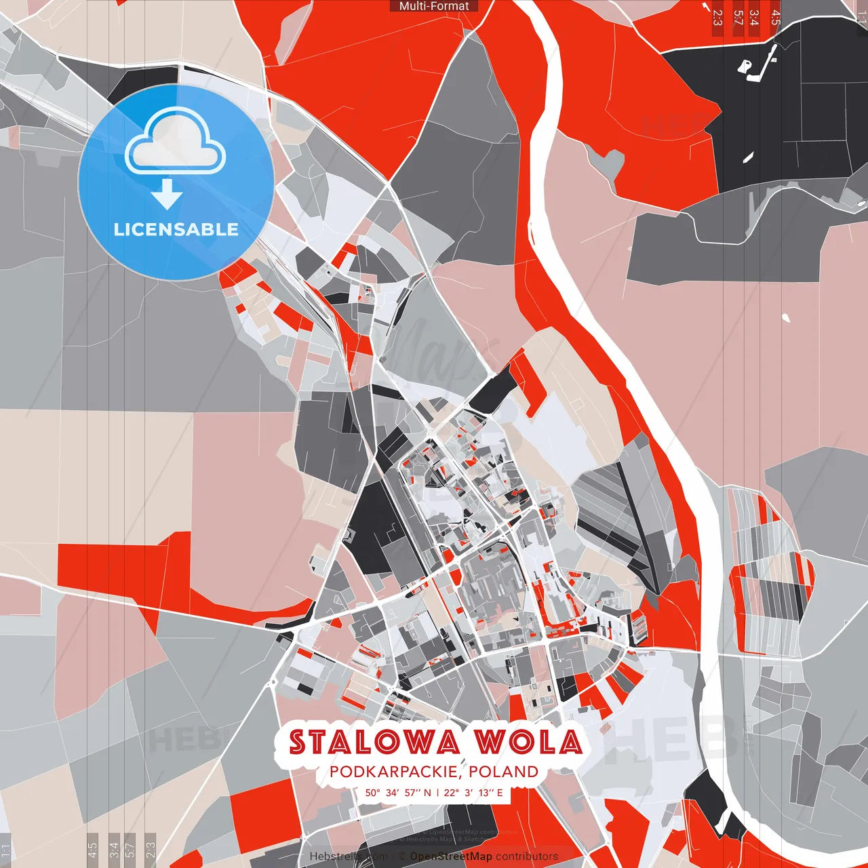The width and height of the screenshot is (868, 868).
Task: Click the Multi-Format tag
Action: click(x=434, y=6)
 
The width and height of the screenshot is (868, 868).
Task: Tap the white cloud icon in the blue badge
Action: click(x=176, y=140)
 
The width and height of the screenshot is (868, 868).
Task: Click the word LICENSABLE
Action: click(x=176, y=229)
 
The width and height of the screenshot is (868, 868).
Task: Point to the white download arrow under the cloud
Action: click(x=167, y=195)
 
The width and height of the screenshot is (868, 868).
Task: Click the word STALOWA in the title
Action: click(x=375, y=742)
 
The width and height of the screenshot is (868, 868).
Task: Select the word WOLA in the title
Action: click(x=528, y=742)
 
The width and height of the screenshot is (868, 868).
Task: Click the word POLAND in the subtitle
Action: click(x=504, y=772)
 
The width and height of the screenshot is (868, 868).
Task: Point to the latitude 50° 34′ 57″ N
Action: click(x=398, y=793)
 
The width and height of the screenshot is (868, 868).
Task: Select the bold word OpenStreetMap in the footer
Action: click(x=451, y=856)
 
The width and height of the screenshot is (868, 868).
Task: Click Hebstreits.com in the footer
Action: click(x=348, y=856)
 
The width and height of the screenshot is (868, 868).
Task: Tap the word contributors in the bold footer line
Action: click(x=527, y=856)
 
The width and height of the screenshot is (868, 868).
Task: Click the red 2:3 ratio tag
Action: click(x=717, y=18)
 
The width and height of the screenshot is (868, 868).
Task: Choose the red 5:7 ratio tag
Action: click(x=738, y=18)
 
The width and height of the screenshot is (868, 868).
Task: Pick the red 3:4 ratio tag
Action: click(x=754, y=18)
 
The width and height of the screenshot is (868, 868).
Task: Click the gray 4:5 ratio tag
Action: click(x=93, y=850)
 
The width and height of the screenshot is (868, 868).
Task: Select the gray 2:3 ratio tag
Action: click(x=150, y=850)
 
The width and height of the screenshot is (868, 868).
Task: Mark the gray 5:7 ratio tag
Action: click(x=131, y=850)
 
